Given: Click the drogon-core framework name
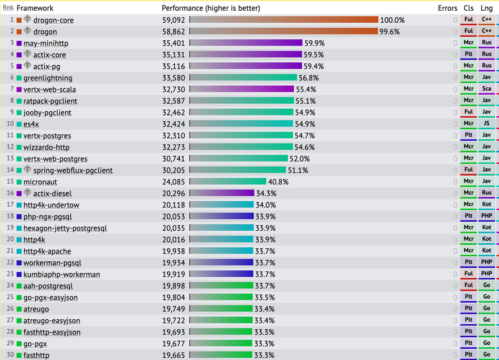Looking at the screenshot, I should pyautogui.click(x=53, y=20).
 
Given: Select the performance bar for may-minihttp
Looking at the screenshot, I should pyautogui.click(x=246, y=43).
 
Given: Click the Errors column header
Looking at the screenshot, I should pyautogui.click(x=447, y=8).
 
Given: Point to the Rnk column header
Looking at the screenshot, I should pyautogui.click(x=8, y=8).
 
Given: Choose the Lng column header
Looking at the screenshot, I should pyautogui.click(x=487, y=8).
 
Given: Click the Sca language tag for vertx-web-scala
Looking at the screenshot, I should pyautogui.click(x=487, y=89).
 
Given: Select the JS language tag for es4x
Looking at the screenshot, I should pyautogui.click(x=487, y=124).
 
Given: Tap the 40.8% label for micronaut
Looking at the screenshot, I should pyautogui.click(x=278, y=182).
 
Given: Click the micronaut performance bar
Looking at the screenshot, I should pyautogui.click(x=227, y=182).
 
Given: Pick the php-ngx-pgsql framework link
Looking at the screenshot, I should pyautogui.click(x=48, y=217).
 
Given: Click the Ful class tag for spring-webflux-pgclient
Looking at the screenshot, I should pyautogui.click(x=468, y=170).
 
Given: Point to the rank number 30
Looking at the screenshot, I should pyautogui.click(x=10, y=355).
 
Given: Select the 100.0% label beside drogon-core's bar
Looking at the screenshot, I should pyautogui.click(x=392, y=20).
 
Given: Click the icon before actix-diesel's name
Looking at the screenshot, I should pyautogui.click(x=27, y=193).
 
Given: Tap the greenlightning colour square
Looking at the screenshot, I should pyautogui.click(x=19, y=78).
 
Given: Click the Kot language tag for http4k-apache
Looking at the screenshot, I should pyautogui.click(x=487, y=251).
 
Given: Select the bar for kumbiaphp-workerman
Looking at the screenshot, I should pyautogui.click(x=221, y=274).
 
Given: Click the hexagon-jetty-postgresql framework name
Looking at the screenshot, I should pyautogui.click(x=65, y=228).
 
